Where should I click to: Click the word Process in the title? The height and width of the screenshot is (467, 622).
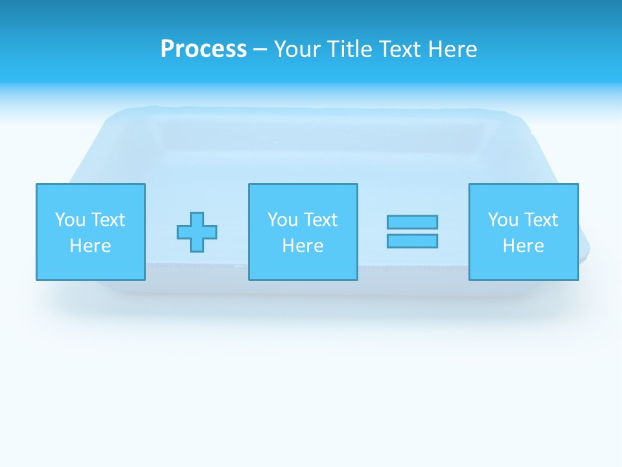click(203, 49)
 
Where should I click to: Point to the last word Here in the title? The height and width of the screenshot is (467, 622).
click(453, 49)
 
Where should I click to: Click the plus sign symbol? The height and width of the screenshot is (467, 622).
click(197, 232)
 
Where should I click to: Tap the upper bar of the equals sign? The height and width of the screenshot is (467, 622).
click(412, 222)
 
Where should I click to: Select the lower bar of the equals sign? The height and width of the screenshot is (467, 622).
click(412, 241)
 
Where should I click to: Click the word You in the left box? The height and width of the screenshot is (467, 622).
click(70, 220)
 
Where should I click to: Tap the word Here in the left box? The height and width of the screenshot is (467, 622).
click(91, 246)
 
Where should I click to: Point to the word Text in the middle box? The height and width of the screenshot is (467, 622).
click(320, 220)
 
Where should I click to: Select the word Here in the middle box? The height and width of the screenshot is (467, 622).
click(303, 246)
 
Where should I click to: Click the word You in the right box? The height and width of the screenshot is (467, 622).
click(503, 220)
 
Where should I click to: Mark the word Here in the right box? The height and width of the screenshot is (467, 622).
click(524, 246)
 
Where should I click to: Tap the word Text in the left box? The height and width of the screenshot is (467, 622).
click(108, 220)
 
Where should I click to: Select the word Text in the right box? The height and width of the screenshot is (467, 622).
click(540, 220)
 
